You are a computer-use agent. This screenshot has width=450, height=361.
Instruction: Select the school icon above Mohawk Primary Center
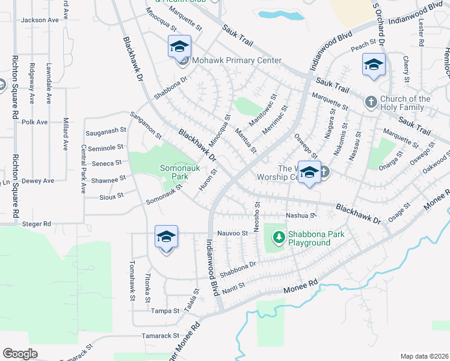click(x=179, y=47)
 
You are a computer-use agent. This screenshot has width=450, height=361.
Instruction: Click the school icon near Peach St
click(x=374, y=65)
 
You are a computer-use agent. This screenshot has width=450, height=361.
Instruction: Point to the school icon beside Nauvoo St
click(x=166, y=237)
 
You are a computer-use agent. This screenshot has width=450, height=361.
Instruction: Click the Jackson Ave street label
click(x=40, y=20)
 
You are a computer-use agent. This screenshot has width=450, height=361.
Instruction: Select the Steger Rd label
click(x=38, y=224)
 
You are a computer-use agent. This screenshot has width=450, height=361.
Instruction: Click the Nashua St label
click(x=301, y=215)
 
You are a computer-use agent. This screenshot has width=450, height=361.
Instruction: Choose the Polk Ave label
click(x=34, y=122)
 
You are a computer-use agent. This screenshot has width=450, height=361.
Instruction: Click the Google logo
click(x=20, y=354)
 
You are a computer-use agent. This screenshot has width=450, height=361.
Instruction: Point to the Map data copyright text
click(x=424, y=356)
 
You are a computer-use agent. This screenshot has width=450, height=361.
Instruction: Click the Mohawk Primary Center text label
click(x=236, y=61)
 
